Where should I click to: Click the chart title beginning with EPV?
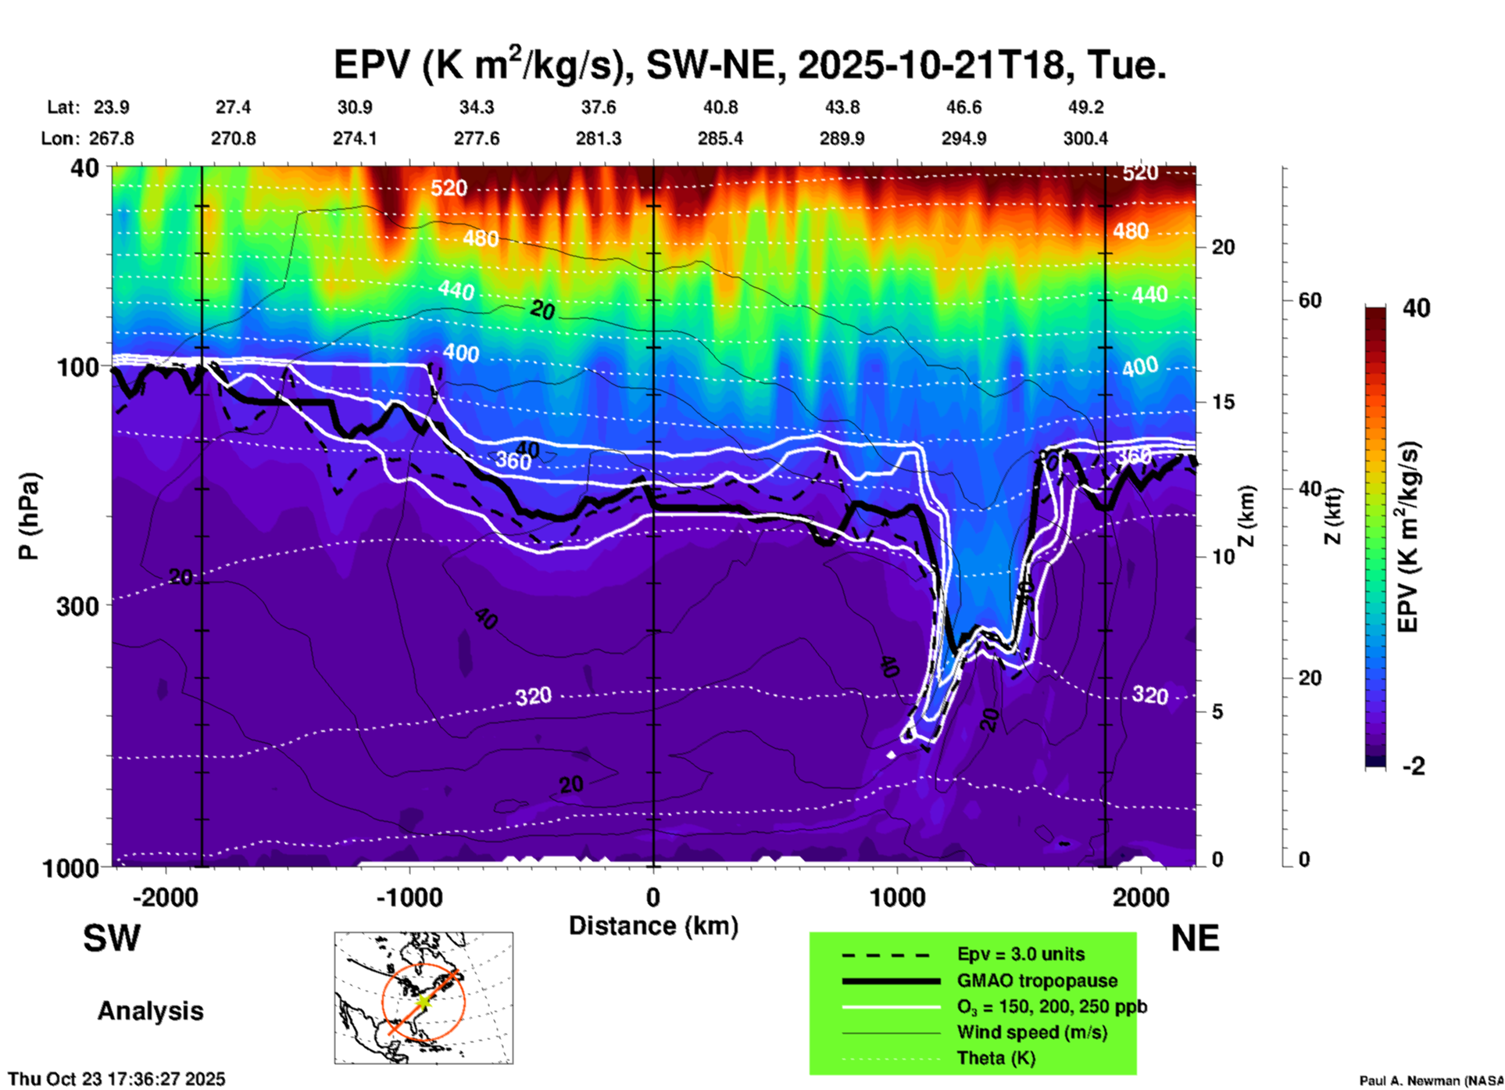tap(750, 64)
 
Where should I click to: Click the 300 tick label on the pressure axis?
tap(78, 606)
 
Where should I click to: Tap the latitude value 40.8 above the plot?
tap(720, 107)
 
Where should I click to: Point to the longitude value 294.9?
tap(963, 138)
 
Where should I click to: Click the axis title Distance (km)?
tap(653, 926)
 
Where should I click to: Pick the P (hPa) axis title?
tap(29, 515)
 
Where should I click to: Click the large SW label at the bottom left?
tap(112, 938)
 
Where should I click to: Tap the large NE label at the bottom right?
tap(1195, 938)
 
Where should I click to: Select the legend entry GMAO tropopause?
tap(1037, 981)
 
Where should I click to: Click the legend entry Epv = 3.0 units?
tap(1021, 954)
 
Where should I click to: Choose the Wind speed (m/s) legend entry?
tap(1031, 1032)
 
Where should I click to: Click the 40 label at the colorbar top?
tap(1416, 308)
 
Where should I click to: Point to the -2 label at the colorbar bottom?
tap(1414, 766)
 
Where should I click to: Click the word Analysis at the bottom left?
tap(150, 1011)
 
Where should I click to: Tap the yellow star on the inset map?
tap(423, 1002)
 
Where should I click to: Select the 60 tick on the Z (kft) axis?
tap(1310, 300)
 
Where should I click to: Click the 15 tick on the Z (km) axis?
tap(1223, 402)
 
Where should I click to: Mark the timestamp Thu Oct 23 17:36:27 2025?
tap(116, 1079)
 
